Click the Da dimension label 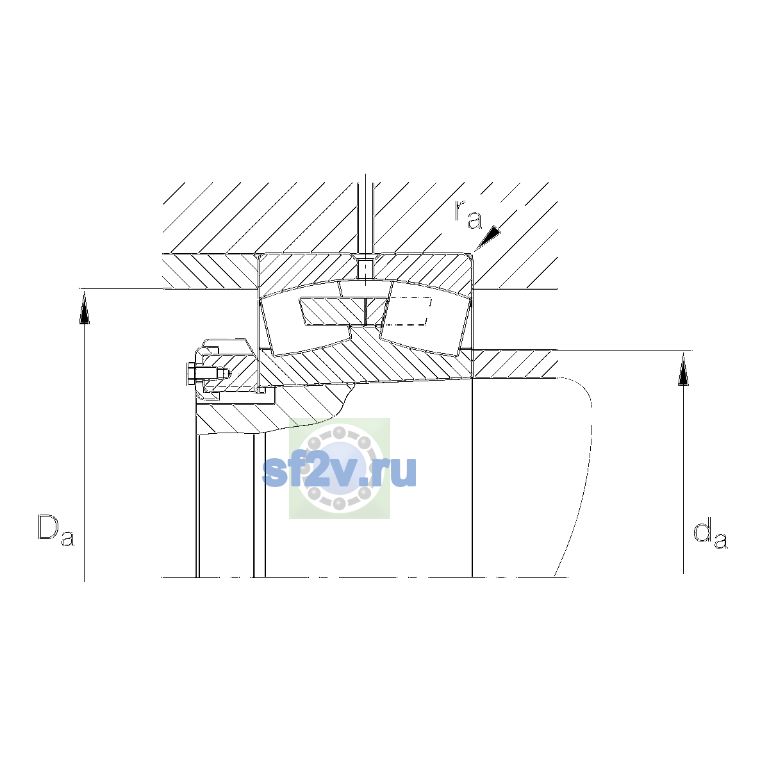pos(56,531)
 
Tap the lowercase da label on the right pos(710,534)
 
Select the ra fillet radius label pos(468,215)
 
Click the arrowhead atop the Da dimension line pos(84,308)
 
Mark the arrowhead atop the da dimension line pos(684,369)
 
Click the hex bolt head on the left pos(191,374)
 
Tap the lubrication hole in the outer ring pos(365,269)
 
